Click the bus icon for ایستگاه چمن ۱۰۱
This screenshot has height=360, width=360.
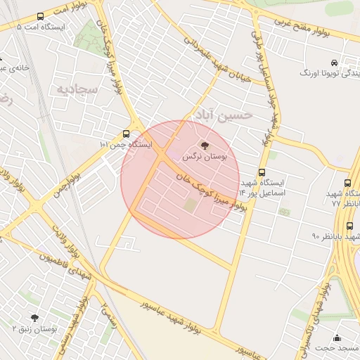(127, 133)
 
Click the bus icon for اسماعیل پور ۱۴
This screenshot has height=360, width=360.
(262, 172)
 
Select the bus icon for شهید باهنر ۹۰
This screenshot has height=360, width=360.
(349, 226)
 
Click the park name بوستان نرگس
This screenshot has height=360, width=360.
(205, 157)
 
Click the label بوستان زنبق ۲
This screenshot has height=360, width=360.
(34, 329)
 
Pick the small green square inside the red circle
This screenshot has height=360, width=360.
(191, 205)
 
